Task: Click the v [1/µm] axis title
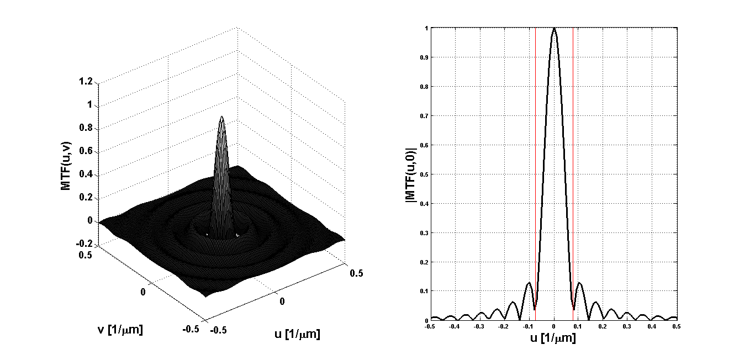pos(119,330)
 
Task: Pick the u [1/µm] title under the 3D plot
pos(297,333)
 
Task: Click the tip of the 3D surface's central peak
pos(221,117)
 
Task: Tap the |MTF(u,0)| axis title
pos(411,174)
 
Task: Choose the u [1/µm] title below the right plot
pos(553,338)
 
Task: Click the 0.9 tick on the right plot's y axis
pos(422,57)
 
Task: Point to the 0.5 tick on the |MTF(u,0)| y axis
pos(422,174)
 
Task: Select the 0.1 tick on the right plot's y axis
pos(422,291)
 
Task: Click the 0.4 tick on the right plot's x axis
pos(652,327)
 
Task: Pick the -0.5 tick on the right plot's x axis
pos(430,327)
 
